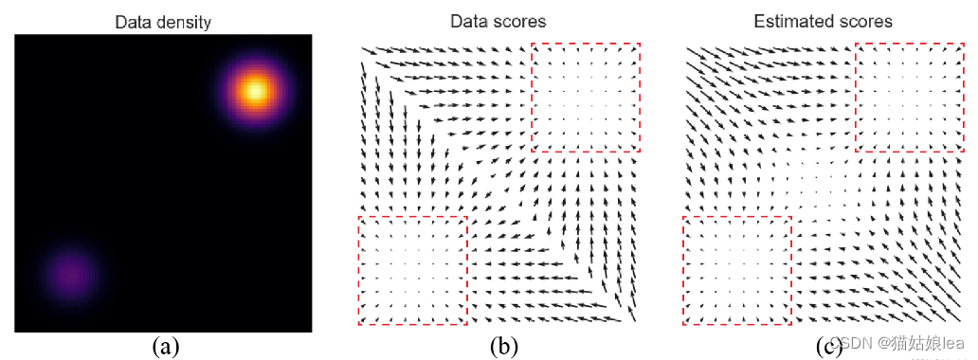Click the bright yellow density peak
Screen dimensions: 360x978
coord(254,91)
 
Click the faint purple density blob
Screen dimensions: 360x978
coord(68,275)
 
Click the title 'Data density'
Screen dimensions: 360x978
coord(163,21)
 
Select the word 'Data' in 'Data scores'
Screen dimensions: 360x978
coord(470,21)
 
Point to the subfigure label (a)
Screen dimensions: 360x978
coord(166,347)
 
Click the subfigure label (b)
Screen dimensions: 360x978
coord(502,347)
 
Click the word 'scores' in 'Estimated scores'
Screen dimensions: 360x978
coord(864,21)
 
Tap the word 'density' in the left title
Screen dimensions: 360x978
coord(183,21)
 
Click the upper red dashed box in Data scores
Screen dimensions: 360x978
coord(586,97)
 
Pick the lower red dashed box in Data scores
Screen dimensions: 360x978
coord(412,271)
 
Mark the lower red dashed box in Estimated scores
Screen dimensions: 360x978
coord(736,271)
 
